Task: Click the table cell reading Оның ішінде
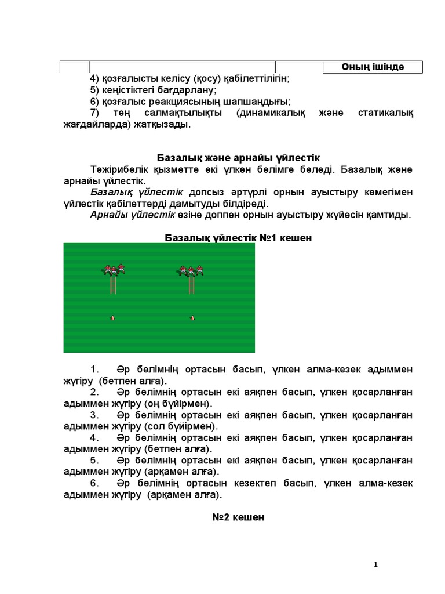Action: [373, 67]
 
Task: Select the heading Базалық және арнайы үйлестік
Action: [238, 158]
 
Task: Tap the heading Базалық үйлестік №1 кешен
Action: [238, 238]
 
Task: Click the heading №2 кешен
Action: [238, 517]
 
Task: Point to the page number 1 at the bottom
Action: [376, 564]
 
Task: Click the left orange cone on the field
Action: [113, 317]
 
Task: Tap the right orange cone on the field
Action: [192, 317]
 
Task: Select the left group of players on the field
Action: [114, 269]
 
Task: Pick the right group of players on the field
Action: [191, 270]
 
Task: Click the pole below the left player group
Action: [114, 285]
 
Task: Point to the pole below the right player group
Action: [191, 285]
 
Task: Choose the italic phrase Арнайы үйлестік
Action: [133, 215]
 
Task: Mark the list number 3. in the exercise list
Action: [94, 415]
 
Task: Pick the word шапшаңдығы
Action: [258, 101]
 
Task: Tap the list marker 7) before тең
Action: [95, 113]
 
